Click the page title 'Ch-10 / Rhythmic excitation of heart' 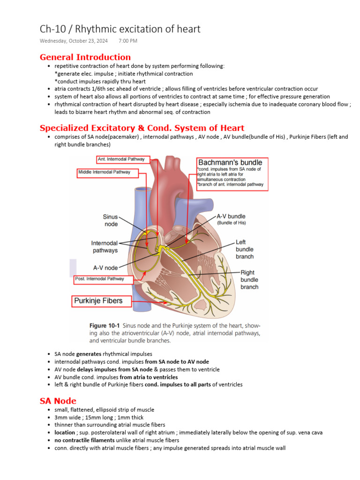[120, 29]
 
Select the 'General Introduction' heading [85, 57]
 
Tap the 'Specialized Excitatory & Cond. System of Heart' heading [142, 128]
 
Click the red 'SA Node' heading [58, 401]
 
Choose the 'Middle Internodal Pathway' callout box [105, 172]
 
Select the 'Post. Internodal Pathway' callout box [100, 279]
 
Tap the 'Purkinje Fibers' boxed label [97, 300]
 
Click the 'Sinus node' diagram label [111, 220]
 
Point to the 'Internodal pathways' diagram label [105, 247]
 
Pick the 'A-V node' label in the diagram [105, 268]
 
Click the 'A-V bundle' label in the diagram [231, 217]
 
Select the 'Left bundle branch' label [244, 249]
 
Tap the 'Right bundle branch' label [249, 279]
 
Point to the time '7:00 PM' [128, 41]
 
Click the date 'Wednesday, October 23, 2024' [74, 41]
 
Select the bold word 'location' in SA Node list [65, 433]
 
